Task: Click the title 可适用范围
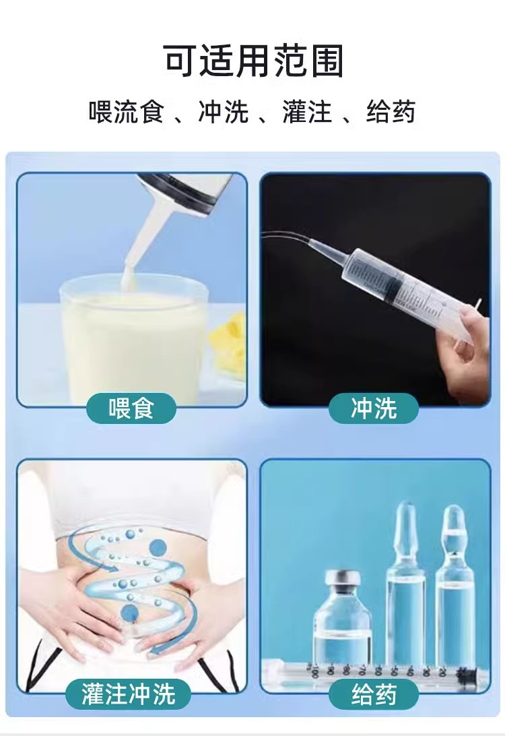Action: pos(254,62)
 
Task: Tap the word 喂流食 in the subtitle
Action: pos(126,112)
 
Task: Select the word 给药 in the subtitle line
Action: pos(391,112)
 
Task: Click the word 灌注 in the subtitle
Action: pos(307,112)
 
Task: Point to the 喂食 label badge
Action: pos(131,408)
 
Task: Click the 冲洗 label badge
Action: pos(374,408)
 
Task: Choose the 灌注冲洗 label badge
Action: pos(128,694)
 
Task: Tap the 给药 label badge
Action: pos(374,694)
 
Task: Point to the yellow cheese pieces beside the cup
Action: pos(229,344)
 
